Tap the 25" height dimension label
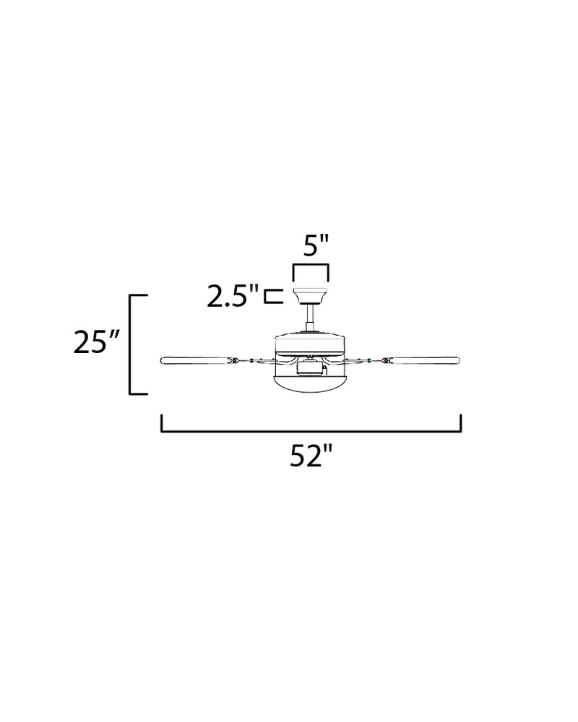[x=96, y=342]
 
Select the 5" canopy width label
[x=316, y=246]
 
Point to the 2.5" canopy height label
[x=233, y=296]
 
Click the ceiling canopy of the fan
[x=310, y=295]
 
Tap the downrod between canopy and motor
[x=310, y=318]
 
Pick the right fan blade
[x=422, y=360]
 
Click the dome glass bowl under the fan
[x=310, y=383]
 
